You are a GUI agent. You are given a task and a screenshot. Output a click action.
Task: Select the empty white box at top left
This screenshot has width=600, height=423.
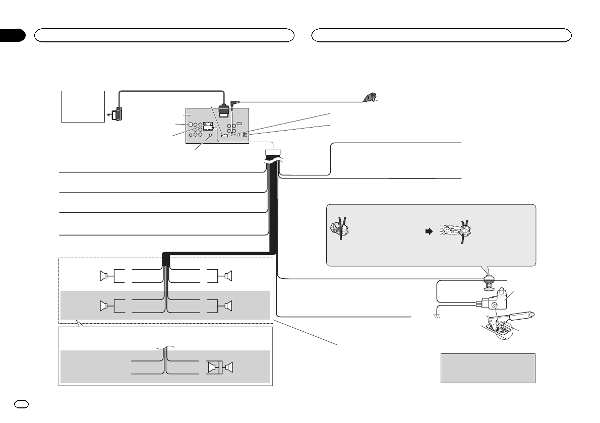pos(83,106)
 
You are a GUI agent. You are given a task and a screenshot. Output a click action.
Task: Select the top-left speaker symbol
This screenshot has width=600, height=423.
pos(104,276)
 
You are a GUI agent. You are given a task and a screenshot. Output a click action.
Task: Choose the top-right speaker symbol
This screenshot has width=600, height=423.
pos(227,276)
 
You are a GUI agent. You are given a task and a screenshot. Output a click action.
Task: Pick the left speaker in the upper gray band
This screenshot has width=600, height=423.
pos(104,306)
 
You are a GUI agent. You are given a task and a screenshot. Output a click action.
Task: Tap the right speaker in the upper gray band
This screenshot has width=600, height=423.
pos(227,306)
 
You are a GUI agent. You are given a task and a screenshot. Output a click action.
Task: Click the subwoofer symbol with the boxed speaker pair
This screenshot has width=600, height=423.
pos(218,368)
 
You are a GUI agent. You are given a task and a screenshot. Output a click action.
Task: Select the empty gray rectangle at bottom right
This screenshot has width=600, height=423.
pos(488,368)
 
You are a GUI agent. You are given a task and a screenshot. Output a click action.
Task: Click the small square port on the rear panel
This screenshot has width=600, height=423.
pos(245,135)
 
